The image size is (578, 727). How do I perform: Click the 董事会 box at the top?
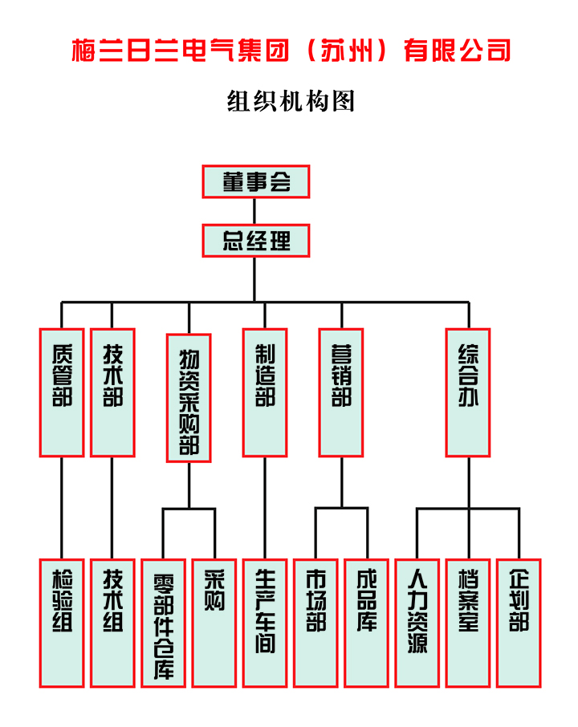point(255,181)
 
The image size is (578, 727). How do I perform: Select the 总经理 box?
point(255,240)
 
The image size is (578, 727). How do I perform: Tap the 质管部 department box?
point(62,392)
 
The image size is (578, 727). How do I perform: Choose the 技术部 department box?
point(112,392)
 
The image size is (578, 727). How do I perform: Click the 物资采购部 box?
point(189,398)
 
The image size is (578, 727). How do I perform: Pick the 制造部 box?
point(264,392)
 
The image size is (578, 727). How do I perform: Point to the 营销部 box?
point(341,392)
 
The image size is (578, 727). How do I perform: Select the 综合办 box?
point(468,392)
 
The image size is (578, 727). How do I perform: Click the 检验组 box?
point(62,623)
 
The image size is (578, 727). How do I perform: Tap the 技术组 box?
point(112,623)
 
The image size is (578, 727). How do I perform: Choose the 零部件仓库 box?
point(163,623)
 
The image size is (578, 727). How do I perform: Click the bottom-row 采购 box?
point(214,623)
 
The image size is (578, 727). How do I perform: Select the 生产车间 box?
point(264,623)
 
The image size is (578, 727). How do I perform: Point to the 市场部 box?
point(315,623)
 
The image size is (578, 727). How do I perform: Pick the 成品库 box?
point(367,623)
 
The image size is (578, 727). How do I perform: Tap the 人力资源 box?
point(417,623)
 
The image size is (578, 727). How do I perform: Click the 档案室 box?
point(468,623)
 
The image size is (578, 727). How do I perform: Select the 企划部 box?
point(519,623)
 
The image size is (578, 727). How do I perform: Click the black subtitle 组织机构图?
point(291,102)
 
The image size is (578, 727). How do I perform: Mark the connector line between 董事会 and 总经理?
point(255,210)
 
